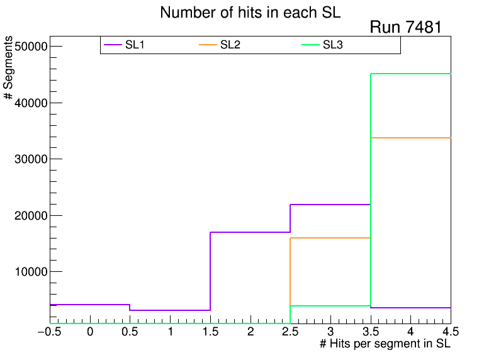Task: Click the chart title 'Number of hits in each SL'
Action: click(250, 13)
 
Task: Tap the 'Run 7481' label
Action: click(405, 27)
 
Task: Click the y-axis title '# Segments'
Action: click(9, 68)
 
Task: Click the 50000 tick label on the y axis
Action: click(30, 47)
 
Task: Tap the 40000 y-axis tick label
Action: click(30, 103)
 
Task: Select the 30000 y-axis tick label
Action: click(30, 159)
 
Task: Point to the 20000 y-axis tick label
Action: click(30, 215)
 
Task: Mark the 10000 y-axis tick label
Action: click(30, 272)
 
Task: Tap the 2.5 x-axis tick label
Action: click(290, 332)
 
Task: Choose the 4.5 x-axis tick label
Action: click(442, 332)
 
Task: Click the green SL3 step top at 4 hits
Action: click(410, 74)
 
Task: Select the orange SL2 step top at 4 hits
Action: click(410, 137)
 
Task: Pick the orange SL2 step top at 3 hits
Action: click(330, 238)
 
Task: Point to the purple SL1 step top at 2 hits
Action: click(250, 232)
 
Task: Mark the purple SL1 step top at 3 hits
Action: click(330, 205)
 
